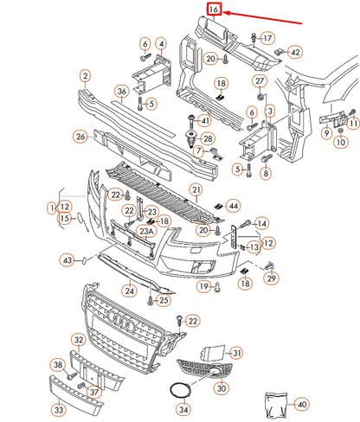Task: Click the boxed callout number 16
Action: tap(214, 10)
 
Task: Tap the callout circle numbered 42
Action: tap(295, 52)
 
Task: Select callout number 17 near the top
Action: tap(267, 37)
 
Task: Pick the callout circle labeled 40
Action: tap(301, 404)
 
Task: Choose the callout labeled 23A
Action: tap(147, 231)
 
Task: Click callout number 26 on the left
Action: tap(80, 136)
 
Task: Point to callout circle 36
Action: tap(122, 91)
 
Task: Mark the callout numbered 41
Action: tap(203, 120)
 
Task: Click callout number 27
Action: tap(259, 81)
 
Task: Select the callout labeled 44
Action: tap(235, 205)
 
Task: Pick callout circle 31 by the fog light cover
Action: tap(236, 352)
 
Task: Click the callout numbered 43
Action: tap(67, 260)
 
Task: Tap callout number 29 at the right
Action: tap(271, 278)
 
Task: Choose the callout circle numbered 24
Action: tap(131, 291)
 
